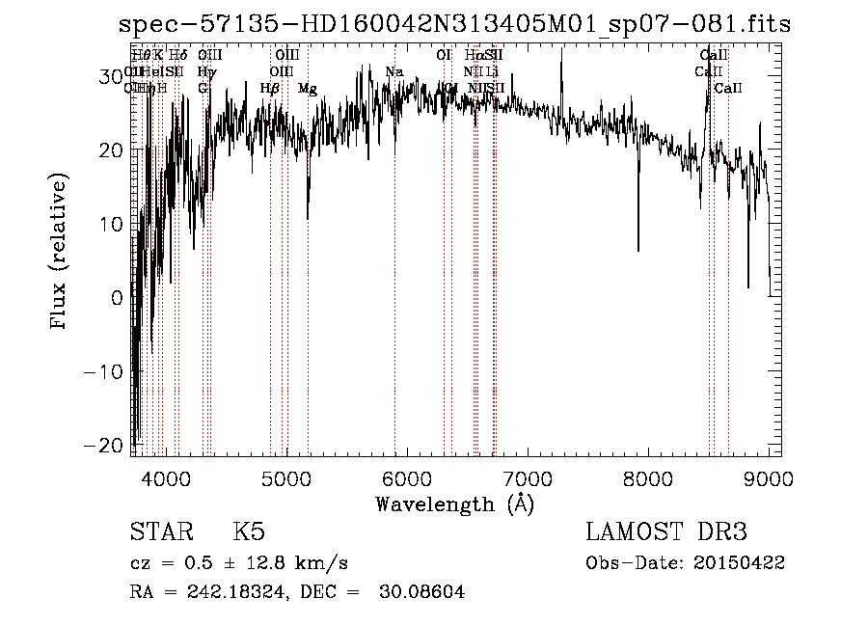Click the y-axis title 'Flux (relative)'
(60, 253)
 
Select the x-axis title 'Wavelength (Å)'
(454, 504)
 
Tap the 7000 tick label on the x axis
(528, 477)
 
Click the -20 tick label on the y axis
(105, 445)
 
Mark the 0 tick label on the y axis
(116, 297)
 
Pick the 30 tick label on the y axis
(110, 76)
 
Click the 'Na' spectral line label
(393, 71)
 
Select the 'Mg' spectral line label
(307, 89)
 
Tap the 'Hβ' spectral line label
(269, 89)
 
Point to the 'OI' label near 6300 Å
(444, 55)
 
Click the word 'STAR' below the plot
(158, 532)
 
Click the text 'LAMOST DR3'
(666, 532)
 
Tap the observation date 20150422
(739, 562)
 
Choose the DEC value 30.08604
(423, 592)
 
